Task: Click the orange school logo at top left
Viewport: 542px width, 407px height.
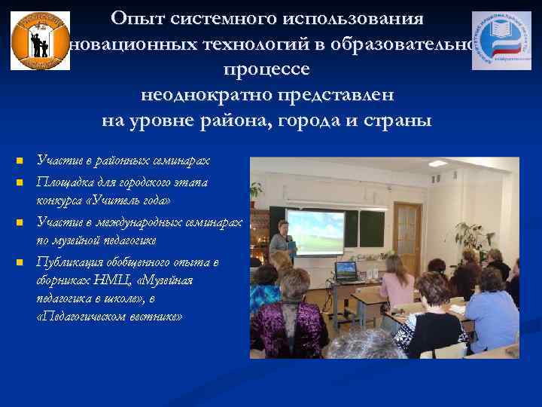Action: (x=41, y=41)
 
